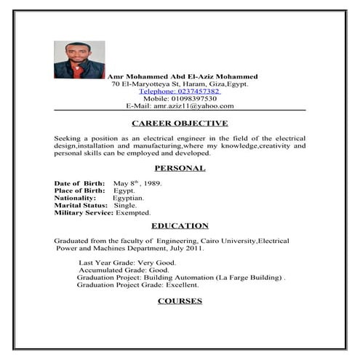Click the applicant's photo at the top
tap(79, 60)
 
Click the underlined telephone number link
tap(180, 91)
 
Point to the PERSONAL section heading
tap(180, 168)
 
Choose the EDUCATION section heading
tap(180, 225)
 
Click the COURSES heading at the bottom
tap(180, 300)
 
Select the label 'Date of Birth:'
tap(79, 183)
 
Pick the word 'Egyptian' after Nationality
tap(127, 198)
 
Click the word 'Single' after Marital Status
tap(125, 205)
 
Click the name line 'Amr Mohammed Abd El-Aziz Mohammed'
tap(182, 76)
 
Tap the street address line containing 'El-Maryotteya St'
tap(180, 84)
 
